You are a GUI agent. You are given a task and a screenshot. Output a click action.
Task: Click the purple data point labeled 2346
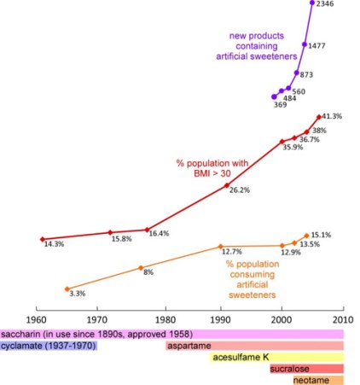click(312, 3)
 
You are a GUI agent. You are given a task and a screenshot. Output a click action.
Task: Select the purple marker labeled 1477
click(305, 44)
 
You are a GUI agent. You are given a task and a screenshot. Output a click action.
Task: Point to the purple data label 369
click(280, 105)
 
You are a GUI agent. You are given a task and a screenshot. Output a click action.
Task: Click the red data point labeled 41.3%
click(319, 117)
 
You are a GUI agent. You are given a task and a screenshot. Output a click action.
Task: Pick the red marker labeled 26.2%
click(226, 184)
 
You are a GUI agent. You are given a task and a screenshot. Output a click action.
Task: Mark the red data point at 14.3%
click(42, 238)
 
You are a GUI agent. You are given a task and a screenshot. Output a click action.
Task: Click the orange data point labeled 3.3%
click(67, 289)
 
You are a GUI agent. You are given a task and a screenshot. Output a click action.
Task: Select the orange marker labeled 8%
click(141, 267)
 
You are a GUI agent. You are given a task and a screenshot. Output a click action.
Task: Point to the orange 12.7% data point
click(220, 246)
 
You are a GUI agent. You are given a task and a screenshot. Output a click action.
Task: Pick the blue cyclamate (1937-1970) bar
click(49, 346)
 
